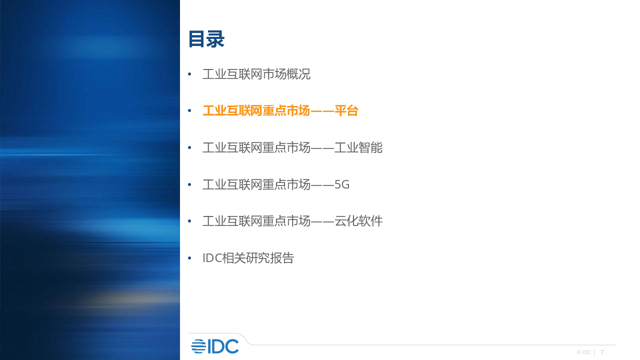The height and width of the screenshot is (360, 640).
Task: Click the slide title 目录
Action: [x=206, y=39]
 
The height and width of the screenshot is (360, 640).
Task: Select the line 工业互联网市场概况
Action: [x=256, y=74]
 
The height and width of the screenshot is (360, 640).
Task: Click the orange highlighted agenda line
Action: [x=280, y=111]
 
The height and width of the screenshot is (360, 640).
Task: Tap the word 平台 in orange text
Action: [x=346, y=111]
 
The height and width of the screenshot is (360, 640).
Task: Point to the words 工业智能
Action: [x=358, y=147]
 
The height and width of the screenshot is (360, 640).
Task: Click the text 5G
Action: [x=342, y=184]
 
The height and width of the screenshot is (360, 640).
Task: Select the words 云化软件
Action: [x=358, y=221]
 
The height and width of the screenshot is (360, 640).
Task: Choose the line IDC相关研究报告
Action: [x=248, y=258]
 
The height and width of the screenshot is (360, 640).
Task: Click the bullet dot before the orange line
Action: [x=189, y=111]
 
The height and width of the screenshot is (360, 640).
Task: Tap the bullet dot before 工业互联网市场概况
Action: [x=189, y=74]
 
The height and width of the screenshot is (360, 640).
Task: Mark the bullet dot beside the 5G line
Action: [x=189, y=184]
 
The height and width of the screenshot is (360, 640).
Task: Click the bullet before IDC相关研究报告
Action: [x=189, y=258]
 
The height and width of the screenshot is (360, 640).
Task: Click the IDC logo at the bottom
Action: [x=215, y=346]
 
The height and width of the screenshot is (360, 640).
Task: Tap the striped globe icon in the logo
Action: [x=198, y=346]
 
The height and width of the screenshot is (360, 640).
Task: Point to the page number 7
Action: [x=601, y=352]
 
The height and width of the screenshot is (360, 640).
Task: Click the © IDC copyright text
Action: [x=583, y=352]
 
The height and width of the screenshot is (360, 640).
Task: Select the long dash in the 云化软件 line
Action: [x=322, y=221]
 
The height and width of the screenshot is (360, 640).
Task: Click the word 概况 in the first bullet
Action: [x=298, y=74]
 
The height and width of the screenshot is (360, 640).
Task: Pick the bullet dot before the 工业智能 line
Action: [x=189, y=147]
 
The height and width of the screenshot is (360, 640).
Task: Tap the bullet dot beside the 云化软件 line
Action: [x=189, y=221]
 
